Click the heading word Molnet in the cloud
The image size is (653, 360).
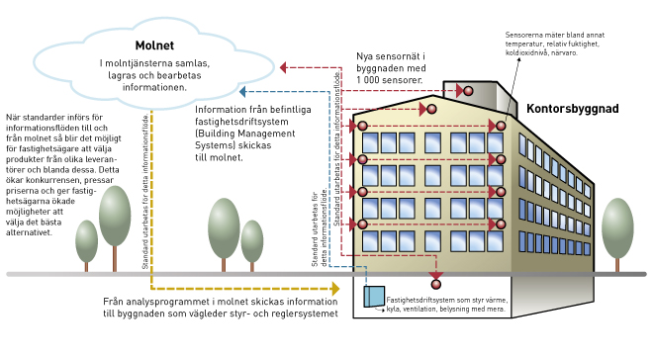[x=154, y=45]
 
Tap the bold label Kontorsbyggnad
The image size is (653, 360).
[x=572, y=109]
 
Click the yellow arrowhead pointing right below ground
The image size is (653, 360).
[x=335, y=288]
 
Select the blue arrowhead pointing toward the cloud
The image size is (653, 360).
[x=242, y=92]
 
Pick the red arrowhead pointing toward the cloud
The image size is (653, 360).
[x=283, y=67]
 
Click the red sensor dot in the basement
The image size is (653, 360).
[x=436, y=285]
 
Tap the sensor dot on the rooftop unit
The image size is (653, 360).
[x=468, y=91]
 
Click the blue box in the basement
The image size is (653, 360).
[x=374, y=297]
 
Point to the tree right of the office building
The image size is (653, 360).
[x=617, y=234]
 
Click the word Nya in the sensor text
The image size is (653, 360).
[x=365, y=56]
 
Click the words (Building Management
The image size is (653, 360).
[x=245, y=134]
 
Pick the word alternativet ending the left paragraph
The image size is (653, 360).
[x=29, y=232]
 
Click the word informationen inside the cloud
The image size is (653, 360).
[x=154, y=87]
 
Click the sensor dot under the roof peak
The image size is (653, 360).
[x=431, y=109]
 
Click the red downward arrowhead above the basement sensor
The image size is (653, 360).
[x=436, y=276]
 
